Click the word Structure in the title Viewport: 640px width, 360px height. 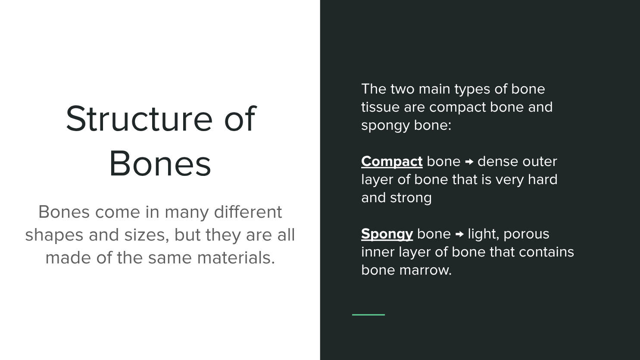[140, 119]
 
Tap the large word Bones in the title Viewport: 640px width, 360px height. [160, 164]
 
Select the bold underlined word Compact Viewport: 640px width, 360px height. [392, 162]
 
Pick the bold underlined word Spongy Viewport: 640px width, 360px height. [387, 234]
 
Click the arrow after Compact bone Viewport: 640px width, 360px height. [469, 162]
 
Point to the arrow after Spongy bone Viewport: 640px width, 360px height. [459, 234]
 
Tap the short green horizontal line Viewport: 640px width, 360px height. [368, 315]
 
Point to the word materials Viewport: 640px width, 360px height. [236, 258]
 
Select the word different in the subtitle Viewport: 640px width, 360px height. [248, 212]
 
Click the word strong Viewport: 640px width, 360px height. [411, 198]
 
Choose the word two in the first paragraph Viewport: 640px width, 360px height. [402, 89]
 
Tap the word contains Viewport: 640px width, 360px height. [546, 252]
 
